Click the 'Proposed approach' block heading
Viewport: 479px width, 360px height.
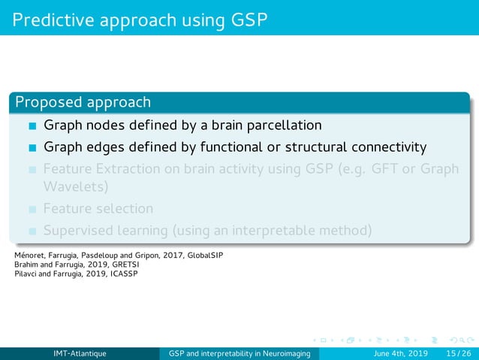pyautogui.click(x=83, y=101)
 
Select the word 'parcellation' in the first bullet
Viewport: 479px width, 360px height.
pyautogui.click(x=282, y=125)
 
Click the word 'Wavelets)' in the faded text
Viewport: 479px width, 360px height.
pyautogui.click(x=76, y=186)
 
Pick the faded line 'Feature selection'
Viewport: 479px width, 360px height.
pyautogui.click(x=98, y=208)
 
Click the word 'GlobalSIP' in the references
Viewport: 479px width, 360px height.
pyautogui.click(x=205, y=256)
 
